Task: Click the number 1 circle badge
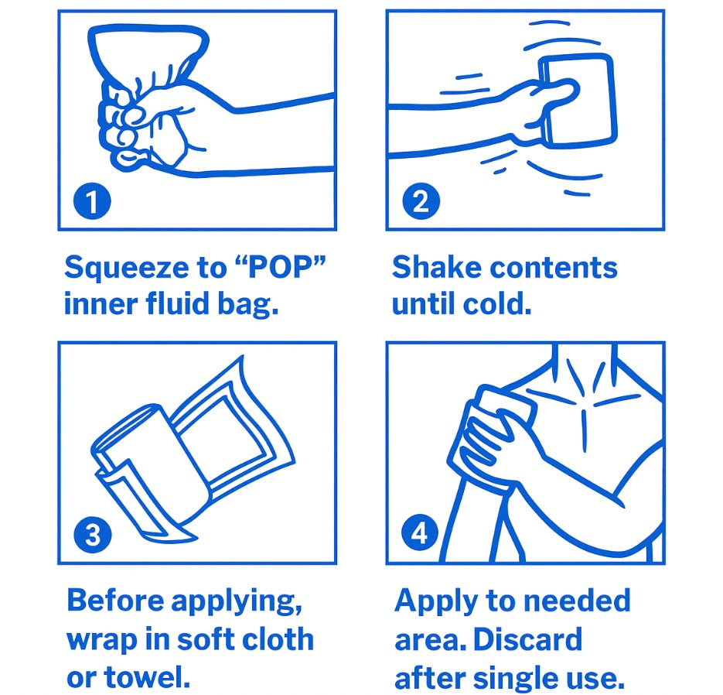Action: [x=92, y=201]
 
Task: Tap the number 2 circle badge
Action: [x=421, y=201]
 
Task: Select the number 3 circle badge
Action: [x=92, y=534]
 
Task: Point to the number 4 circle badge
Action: [x=420, y=532]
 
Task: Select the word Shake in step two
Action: [x=436, y=267]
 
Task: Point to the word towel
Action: [x=147, y=677]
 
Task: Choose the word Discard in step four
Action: [x=527, y=639]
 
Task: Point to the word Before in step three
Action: [x=115, y=600]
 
